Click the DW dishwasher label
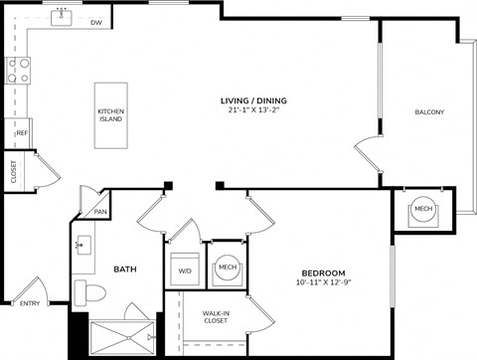[x=96, y=21]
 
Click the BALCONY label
[x=428, y=111]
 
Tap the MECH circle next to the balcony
[x=423, y=209]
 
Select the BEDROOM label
[x=323, y=272]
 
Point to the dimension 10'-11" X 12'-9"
[x=323, y=284]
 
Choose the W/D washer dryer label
[x=185, y=270]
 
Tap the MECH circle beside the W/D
[x=227, y=268]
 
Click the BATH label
[x=124, y=270]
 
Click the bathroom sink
[x=82, y=246]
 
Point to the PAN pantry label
[x=100, y=211]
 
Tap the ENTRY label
[x=30, y=303]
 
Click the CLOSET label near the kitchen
[x=13, y=172]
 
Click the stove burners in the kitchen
[x=17, y=70]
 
